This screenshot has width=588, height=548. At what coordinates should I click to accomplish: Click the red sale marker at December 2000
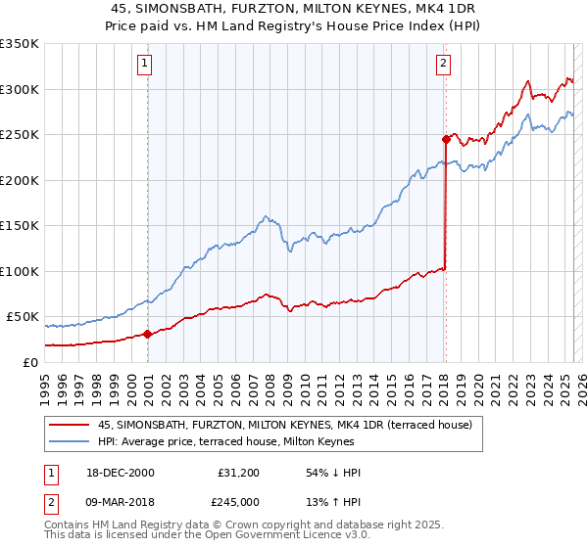coord(148,334)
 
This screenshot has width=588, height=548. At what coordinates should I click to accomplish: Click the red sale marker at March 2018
coord(446,140)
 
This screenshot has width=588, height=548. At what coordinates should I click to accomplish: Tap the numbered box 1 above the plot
coord(144,65)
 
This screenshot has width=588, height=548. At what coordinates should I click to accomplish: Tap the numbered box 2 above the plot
coord(443,65)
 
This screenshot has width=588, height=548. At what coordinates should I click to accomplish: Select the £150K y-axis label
coord(20,226)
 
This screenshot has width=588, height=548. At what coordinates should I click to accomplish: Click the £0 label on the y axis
coord(31,362)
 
